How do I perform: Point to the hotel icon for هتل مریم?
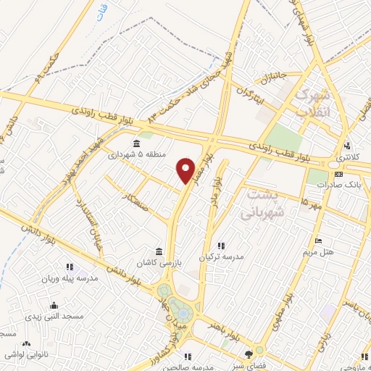(x=318, y=241)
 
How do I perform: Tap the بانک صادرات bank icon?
(x=338, y=174)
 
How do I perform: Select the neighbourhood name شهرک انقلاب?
(x=314, y=104)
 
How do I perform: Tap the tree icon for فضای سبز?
(x=249, y=354)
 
